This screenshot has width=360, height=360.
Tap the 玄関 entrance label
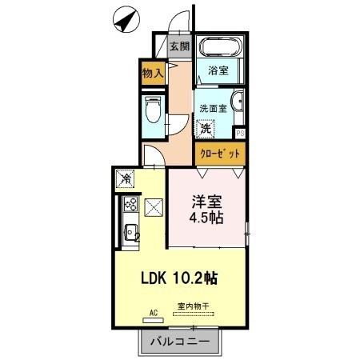pyautogui.click(x=179, y=46)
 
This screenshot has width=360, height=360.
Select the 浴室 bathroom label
pyautogui.click(x=218, y=70)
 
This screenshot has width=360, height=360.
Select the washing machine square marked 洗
pyautogui.click(x=207, y=128)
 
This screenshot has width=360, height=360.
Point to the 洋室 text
pyautogui.click(x=205, y=202)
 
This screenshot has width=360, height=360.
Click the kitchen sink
pyautogui.click(x=130, y=236)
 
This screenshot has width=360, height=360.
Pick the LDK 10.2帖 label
pyautogui.click(x=179, y=278)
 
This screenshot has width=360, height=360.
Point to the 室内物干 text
pyautogui.click(x=193, y=306)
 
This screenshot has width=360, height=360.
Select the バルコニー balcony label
pyautogui.click(x=179, y=342)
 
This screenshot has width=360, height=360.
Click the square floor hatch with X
pyautogui.click(x=154, y=209)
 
